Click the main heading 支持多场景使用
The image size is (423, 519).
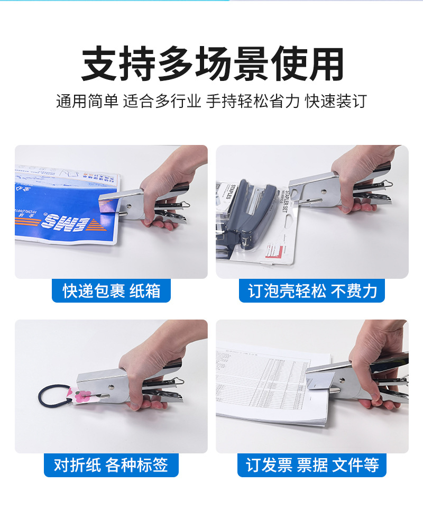point(212,65)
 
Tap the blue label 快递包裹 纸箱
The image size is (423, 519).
point(111,291)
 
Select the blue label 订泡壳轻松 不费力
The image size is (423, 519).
point(312,291)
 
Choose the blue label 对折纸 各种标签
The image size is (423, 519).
point(111,465)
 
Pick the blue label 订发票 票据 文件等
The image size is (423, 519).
point(312,465)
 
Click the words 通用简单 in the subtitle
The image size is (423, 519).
point(87,101)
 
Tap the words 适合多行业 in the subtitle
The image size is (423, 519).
point(162,101)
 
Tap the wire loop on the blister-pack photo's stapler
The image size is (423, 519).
point(387,185)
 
